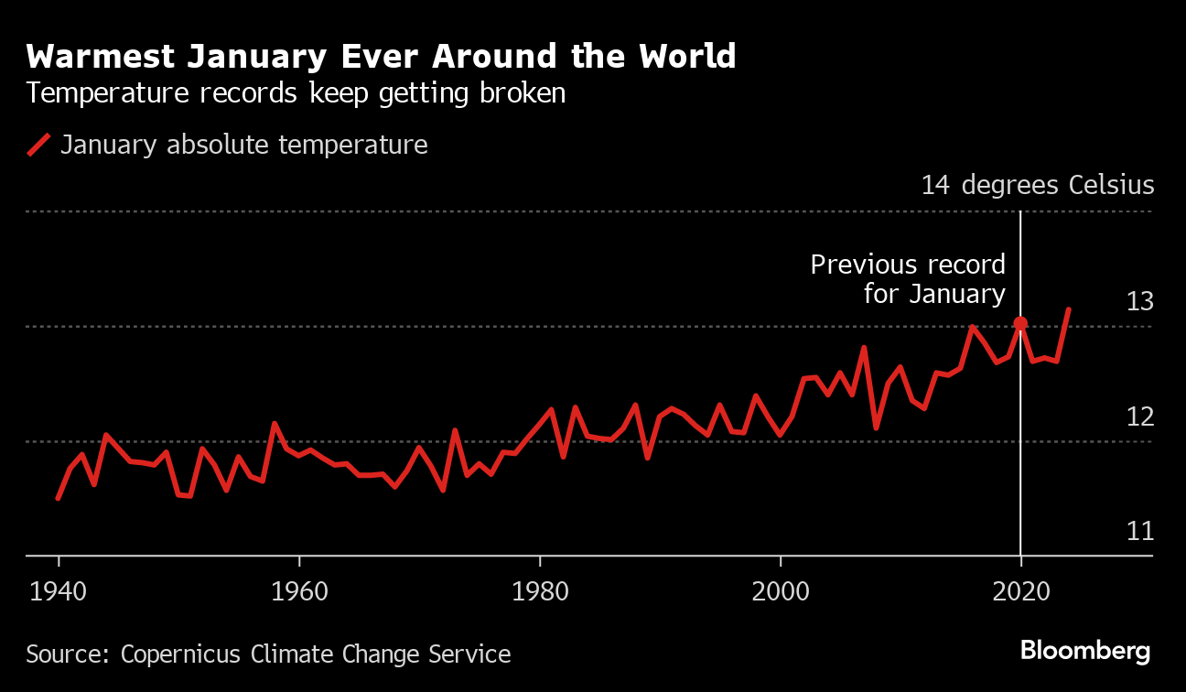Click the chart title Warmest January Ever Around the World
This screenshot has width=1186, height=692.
coord(381,57)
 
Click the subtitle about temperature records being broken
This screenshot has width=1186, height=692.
coord(296,93)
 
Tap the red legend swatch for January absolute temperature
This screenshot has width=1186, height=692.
coord(38,145)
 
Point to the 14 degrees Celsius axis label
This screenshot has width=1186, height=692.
coord(1038,185)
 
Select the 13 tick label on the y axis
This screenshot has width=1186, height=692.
coord(1140,301)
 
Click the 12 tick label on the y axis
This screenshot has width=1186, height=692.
coord(1140,416)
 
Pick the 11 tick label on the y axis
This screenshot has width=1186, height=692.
coord(1140,531)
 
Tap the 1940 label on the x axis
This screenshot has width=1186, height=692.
coord(59,590)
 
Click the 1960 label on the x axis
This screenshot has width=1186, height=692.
coord(299,590)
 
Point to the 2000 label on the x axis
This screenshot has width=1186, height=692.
coord(781,590)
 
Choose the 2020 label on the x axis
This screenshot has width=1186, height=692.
coord(1021,590)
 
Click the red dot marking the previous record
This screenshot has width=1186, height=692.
coord(1020,323)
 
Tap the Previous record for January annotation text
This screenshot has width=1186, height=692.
coord(908,279)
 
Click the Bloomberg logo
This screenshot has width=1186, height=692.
coord(1085,651)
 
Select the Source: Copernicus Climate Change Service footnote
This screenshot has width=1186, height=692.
coord(268,654)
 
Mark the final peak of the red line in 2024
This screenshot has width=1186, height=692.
coord(1068,310)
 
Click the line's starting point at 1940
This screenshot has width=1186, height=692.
coord(58,499)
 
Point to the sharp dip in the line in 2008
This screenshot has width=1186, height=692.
coord(876,427)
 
